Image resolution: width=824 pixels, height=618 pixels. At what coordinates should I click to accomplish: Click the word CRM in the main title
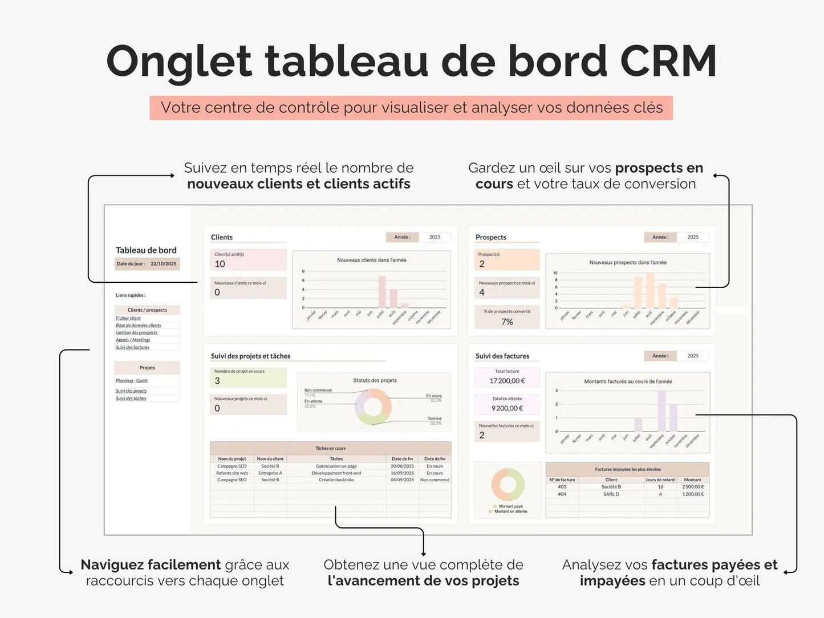coord(668,61)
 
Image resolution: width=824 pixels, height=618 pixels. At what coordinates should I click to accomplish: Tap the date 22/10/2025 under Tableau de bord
coord(163,264)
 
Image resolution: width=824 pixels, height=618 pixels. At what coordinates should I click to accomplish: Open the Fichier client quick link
coord(128,318)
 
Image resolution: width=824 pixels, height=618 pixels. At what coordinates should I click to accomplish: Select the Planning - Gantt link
coord(132,381)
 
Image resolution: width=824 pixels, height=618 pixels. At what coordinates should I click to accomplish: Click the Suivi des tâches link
coord(131,399)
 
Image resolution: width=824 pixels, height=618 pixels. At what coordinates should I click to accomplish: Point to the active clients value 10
coord(220,264)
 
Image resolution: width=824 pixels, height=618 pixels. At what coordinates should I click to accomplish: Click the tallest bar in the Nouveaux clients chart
coord(382,292)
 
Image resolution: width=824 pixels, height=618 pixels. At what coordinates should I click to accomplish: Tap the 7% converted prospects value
coord(507,322)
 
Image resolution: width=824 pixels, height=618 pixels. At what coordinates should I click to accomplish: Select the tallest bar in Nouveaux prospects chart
coord(650,291)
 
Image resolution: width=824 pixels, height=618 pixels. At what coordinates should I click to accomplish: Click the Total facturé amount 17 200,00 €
coord(507,381)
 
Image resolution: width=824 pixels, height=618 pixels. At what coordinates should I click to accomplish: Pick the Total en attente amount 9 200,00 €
coord(507,408)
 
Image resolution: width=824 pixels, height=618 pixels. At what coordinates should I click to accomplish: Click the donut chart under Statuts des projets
coord(373,407)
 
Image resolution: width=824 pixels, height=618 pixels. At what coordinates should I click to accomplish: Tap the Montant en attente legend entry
coord(510,511)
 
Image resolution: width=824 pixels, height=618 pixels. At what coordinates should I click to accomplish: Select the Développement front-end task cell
coord(336,473)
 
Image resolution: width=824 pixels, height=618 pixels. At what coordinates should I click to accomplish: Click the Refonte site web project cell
coord(232,473)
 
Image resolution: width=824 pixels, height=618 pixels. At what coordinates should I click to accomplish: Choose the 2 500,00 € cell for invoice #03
coord(693,487)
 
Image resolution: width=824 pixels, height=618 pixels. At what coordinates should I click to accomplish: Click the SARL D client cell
coord(611,494)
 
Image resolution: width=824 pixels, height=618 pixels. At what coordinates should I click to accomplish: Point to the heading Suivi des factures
coord(502,356)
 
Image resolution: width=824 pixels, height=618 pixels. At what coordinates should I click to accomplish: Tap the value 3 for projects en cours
coord(217,381)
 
